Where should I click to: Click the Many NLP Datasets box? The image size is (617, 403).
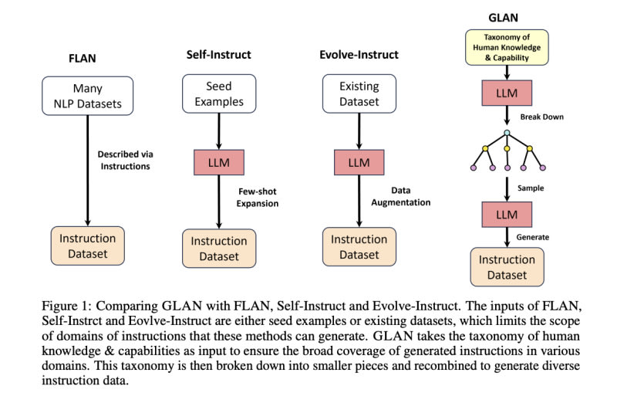(x=87, y=96)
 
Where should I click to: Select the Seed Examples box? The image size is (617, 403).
(x=219, y=93)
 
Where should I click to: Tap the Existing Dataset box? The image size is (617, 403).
(x=359, y=93)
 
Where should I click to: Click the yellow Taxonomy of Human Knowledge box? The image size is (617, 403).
(x=507, y=47)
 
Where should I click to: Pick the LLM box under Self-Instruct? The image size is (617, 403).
(x=219, y=162)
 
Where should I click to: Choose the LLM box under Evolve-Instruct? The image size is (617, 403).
(x=359, y=162)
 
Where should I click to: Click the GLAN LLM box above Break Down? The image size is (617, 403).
(x=507, y=93)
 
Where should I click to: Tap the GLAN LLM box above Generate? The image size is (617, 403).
(x=507, y=215)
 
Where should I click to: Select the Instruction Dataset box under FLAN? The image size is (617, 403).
(x=87, y=246)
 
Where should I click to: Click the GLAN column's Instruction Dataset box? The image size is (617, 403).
(x=507, y=266)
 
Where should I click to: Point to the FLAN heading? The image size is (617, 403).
(x=83, y=59)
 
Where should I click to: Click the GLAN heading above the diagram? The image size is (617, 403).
(x=503, y=18)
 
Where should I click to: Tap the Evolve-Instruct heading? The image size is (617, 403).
(x=359, y=54)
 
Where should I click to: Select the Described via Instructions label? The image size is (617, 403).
(x=125, y=160)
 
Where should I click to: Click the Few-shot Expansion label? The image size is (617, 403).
(x=258, y=198)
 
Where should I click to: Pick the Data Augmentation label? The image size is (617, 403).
(x=400, y=196)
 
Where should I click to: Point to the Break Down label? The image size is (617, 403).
(x=542, y=117)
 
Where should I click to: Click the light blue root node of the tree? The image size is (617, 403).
(x=507, y=133)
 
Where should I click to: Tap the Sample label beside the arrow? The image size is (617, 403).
(x=531, y=188)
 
